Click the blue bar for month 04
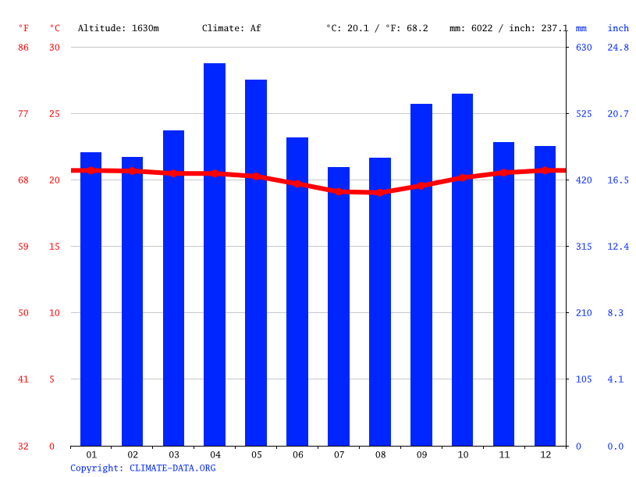pyautogui.click(x=215, y=255)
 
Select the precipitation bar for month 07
pyautogui.click(x=339, y=306)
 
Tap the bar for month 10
pyautogui.click(x=462, y=269)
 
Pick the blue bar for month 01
pyautogui.click(x=91, y=299)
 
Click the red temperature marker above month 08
pyautogui.click(x=380, y=192)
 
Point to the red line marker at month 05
pyautogui.click(x=256, y=176)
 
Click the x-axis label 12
pyautogui.click(x=545, y=454)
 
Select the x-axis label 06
pyautogui.click(x=297, y=454)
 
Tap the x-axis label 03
pyautogui.click(x=173, y=454)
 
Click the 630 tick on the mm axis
pyautogui.click(x=584, y=48)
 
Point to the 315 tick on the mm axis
pyautogui.click(x=584, y=247)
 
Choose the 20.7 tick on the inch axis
pyautogui.click(x=618, y=114)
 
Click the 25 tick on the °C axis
pyautogui.click(x=55, y=114)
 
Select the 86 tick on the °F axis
pyautogui.click(x=23, y=48)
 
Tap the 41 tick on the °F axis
pyautogui.click(x=23, y=379)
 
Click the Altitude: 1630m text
pyautogui.click(x=118, y=28)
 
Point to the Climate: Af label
pyautogui.click(x=231, y=28)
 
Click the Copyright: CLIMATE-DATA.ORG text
pyautogui.click(x=143, y=468)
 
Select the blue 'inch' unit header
pyautogui.click(x=618, y=28)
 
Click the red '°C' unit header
pyautogui.click(x=55, y=28)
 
